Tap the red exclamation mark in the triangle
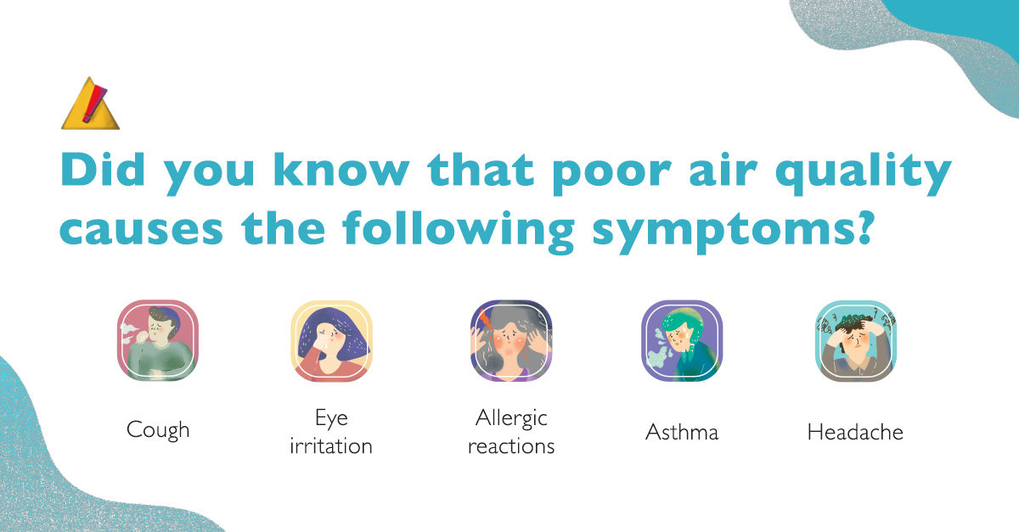[94, 104]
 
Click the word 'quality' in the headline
[864, 174]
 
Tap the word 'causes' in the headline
[142, 231]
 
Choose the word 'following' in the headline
[459, 232]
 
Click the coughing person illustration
[158, 340]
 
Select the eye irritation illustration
[332, 340]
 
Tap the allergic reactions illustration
[511, 340]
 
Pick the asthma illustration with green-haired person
[682, 340]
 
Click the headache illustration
[856, 340]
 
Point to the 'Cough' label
[158, 430]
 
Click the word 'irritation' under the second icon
[331, 446]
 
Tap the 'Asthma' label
[682, 432]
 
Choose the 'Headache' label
[855, 432]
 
